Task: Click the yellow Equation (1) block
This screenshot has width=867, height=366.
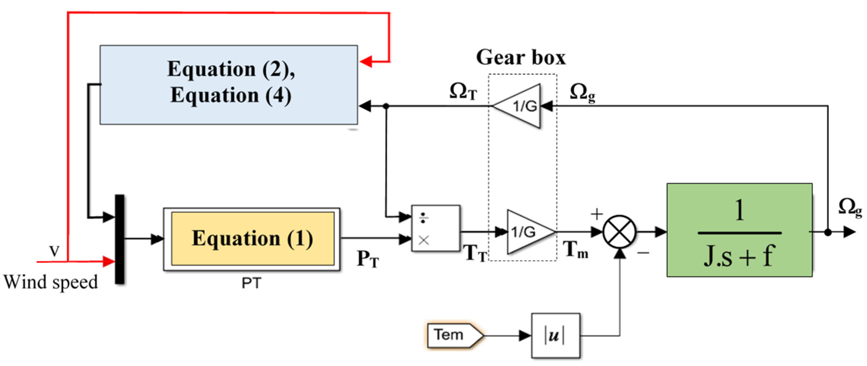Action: pyautogui.click(x=252, y=239)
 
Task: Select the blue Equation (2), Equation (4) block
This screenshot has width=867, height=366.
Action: pyautogui.click(x=229, y=85)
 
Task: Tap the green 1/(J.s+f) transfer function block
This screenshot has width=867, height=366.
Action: pyautogui.click(x=739, y=230)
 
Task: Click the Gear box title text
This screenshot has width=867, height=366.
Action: pyautogui.click(x=521, y=57)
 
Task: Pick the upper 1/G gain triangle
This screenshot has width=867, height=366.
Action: pyautogui.click(x=520, y=106)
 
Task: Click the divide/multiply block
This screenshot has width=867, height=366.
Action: pyautogui.click(x=436, y=228)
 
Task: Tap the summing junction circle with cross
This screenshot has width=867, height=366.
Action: pyautogui.click(x=619, y=232)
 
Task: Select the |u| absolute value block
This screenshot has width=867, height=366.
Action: pyautogui.click(x=555, y=336)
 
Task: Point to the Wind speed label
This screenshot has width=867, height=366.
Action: pyautogui.click(x=51, y=282)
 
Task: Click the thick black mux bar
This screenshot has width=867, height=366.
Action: pyautogui.click(x=119, y=239)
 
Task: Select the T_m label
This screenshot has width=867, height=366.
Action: pyautogui.click(x=576, y=250)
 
